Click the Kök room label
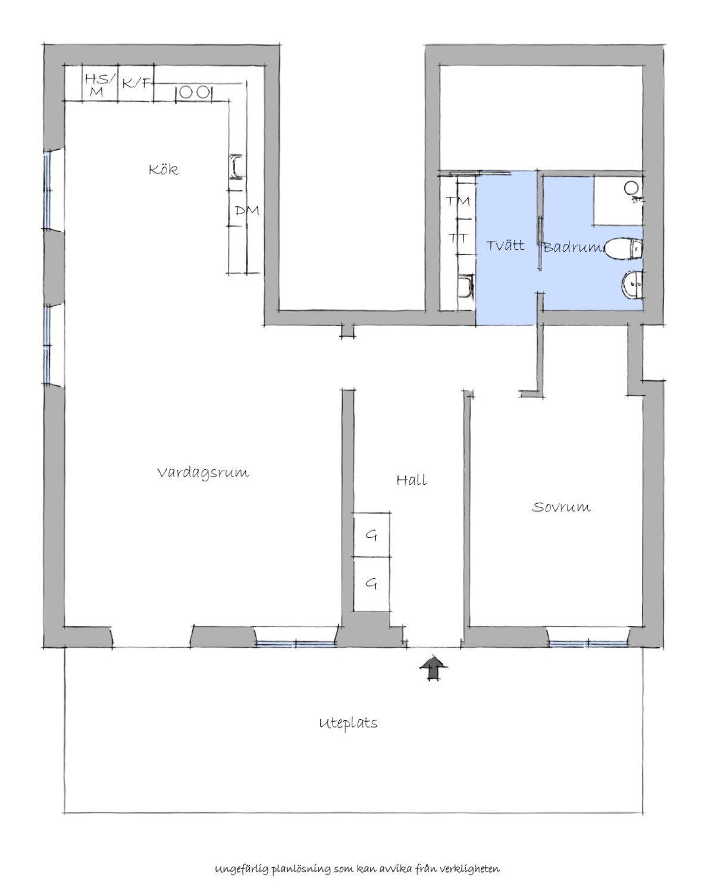(x=164, y=169)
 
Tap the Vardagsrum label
(x=203, y=473)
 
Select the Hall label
(x=411, y=480)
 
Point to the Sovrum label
(x=561, y=507)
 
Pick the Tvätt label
(x=505, y=245)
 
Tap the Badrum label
(x=572, y=247)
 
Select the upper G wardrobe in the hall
(x=371, y=534)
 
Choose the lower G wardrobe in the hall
(x=371, y=584)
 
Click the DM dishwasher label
(x=247, y=211)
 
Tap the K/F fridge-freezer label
(x=136, y=83)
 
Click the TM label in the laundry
(x=458, y=201)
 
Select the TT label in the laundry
(x=459, y=238)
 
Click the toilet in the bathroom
(x=623, y=249)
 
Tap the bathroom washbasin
(x=632, y=284)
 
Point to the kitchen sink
(x=237, y=167)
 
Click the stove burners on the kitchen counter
(x=193, y=92)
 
